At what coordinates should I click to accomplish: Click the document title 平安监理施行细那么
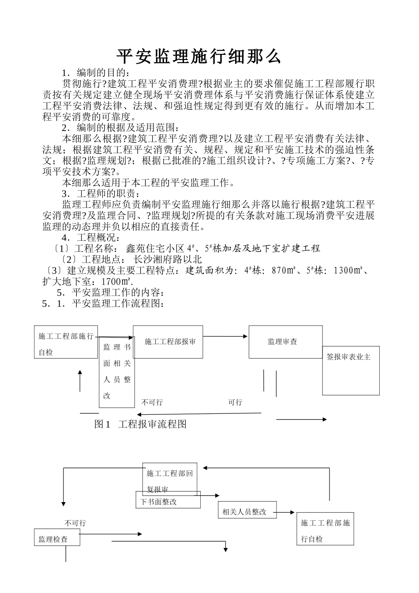(199, 57)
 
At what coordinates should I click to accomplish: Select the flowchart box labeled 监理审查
(285, 342)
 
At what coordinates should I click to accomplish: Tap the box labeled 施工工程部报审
(168, 342)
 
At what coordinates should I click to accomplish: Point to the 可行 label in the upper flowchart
(235, 402)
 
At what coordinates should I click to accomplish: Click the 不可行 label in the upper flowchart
(152, 402)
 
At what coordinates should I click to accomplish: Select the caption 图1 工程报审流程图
(141, 424)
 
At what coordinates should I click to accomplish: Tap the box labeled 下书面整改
(168, 502)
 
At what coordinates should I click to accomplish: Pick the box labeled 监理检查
(57, 539)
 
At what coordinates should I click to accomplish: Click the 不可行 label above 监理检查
(75, 523)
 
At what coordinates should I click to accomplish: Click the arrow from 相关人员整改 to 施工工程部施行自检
(286, 512)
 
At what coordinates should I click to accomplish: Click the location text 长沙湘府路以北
(168, 259)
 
